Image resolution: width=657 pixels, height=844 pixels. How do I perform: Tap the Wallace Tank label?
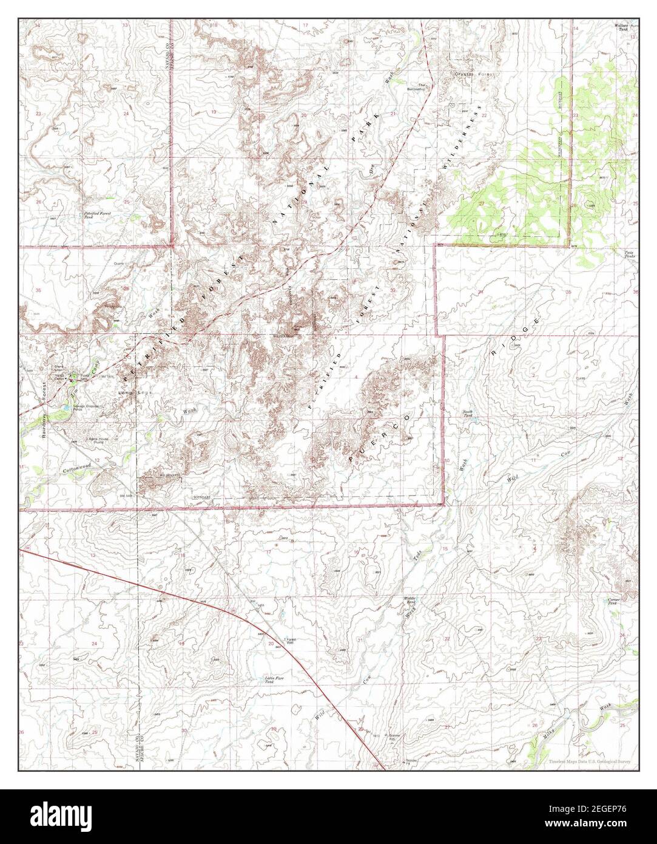tap(622, 27)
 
